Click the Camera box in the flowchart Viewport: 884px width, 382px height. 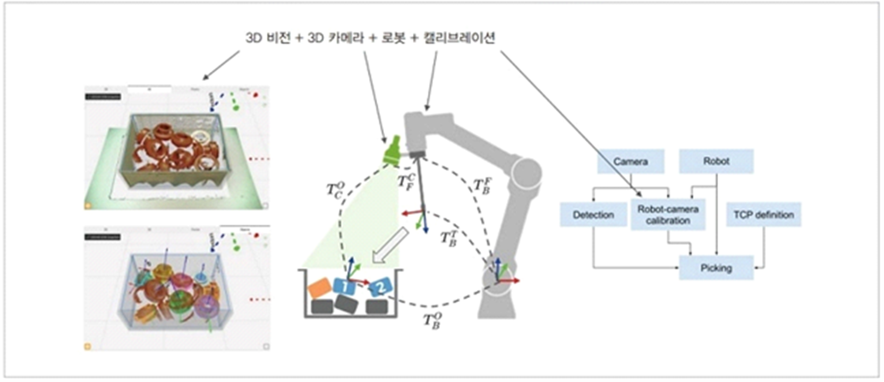point(631,162)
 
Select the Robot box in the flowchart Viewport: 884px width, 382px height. point(716,161)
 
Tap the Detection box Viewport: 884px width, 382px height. point(593,215)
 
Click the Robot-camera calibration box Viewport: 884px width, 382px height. point(668,215)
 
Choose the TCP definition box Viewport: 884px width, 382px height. point(763,215)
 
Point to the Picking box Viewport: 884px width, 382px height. point(716,268)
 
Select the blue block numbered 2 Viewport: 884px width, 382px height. point(380,287)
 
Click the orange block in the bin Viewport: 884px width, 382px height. point(320,287)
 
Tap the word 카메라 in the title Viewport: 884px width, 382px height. point(346,38)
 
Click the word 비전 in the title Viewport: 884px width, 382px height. point(278,38)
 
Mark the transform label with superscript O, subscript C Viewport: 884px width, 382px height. point(336,190)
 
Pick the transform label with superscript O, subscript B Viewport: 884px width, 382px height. point(432,321)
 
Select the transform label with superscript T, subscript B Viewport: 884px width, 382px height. point(448,238)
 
